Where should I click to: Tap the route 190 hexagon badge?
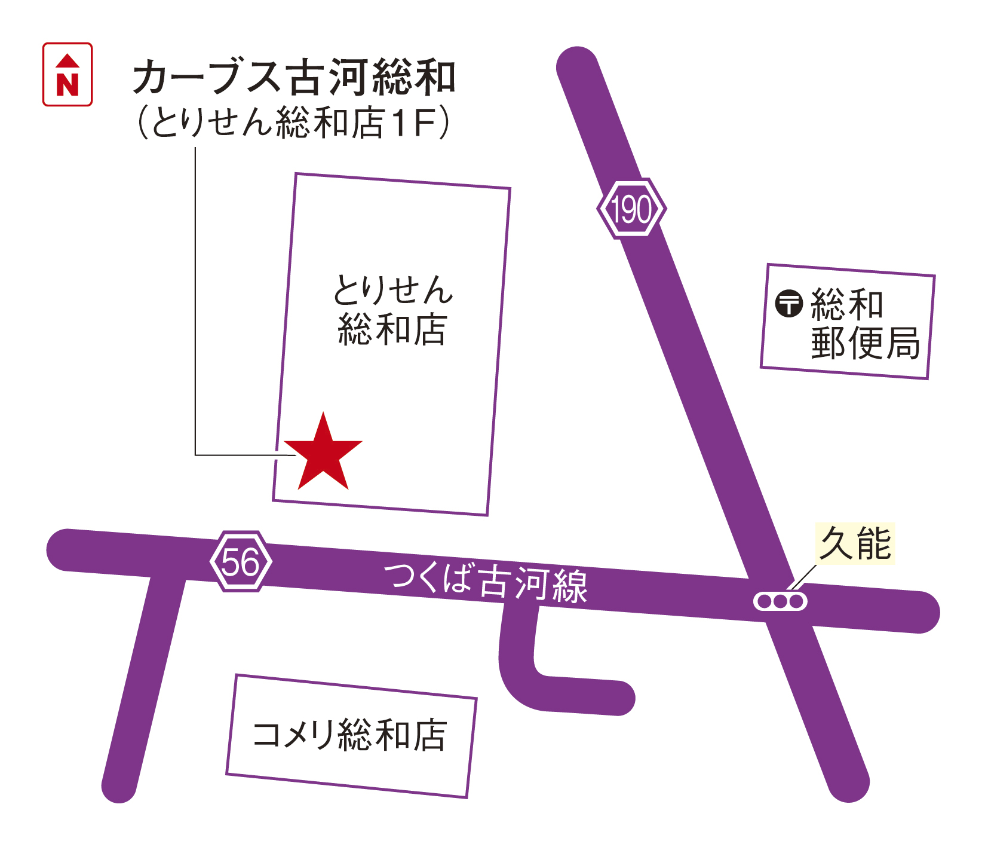[631, 209]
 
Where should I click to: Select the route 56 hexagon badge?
[241, 561]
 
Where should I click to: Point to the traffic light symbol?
[780, 601]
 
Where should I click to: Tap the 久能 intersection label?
[855, 543]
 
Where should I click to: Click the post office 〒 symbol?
[788, 303]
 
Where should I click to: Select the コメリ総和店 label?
[350, 735]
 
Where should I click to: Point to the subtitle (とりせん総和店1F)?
[293, 123]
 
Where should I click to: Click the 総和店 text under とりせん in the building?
[392, 329]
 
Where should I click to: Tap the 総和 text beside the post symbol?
[846, 304]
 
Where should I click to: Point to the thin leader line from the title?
[195, 299]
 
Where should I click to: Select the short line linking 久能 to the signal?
[802, 577]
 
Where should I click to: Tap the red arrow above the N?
[67, 60]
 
